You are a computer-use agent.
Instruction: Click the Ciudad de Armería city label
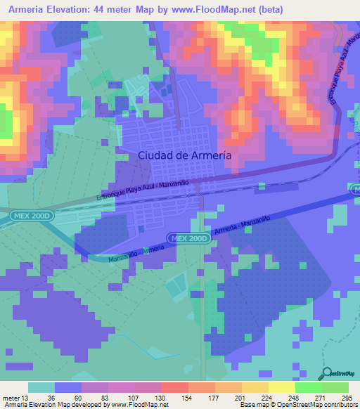pos(184,155)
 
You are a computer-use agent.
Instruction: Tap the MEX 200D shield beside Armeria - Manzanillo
pos(188,239)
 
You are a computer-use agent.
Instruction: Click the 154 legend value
pos(187,397)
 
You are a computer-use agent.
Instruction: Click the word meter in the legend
pos(10,397)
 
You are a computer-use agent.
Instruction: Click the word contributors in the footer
pos(341,405)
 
